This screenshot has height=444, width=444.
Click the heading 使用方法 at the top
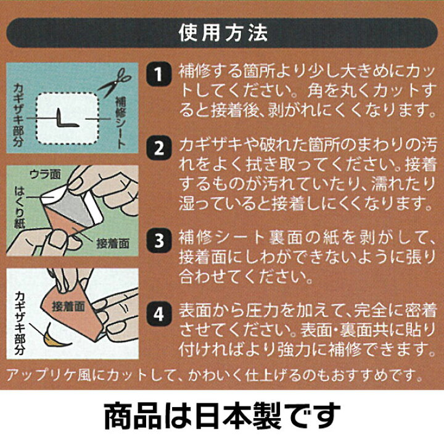click(222, 30)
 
